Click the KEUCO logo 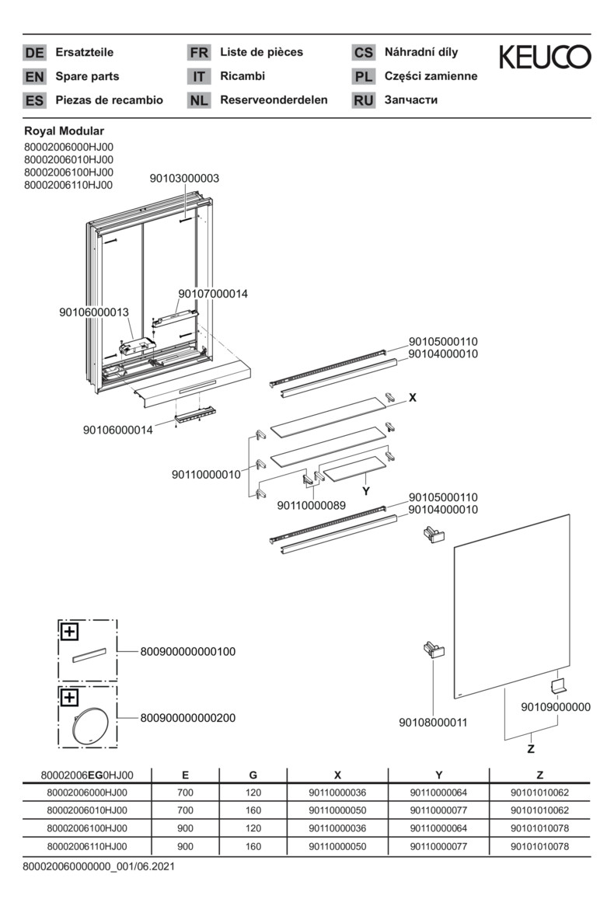coord(544,57)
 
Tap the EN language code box coord(34,77)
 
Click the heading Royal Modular coord(65,131)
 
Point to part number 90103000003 coord(184,178)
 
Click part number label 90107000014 coord(213,294)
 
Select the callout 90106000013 coord(93,312)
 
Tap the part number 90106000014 coord(117,429)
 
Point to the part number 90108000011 coord(433,723)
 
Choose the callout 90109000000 coord(556,707)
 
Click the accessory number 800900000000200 coord(187,718)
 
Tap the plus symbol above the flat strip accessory coord(70,631)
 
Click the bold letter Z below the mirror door coord(531,749)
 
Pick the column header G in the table coord(253,775)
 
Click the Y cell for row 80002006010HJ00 coord(438,810)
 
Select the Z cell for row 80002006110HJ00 coord(539,846)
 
